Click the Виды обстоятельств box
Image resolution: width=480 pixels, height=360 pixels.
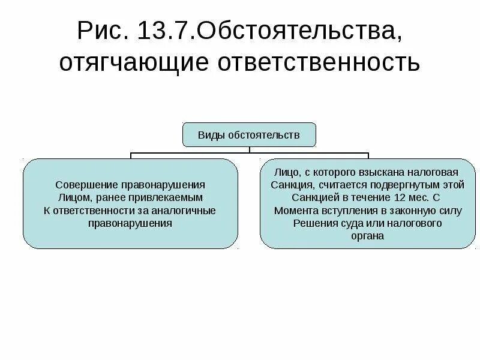click(249, 134)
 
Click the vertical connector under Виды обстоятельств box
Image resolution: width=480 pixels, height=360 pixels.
click(249, 150)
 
